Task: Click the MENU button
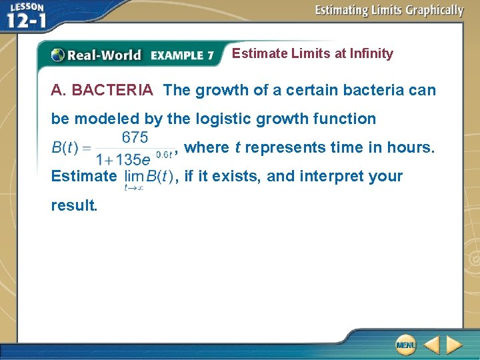[x=405, y=345]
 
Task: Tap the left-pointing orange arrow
[x=431, y=345]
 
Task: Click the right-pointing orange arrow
[x=454, y=345]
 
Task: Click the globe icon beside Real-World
[x=59, y=55]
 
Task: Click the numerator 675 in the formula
[x=135, y=137]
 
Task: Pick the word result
[x=74, y=205]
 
